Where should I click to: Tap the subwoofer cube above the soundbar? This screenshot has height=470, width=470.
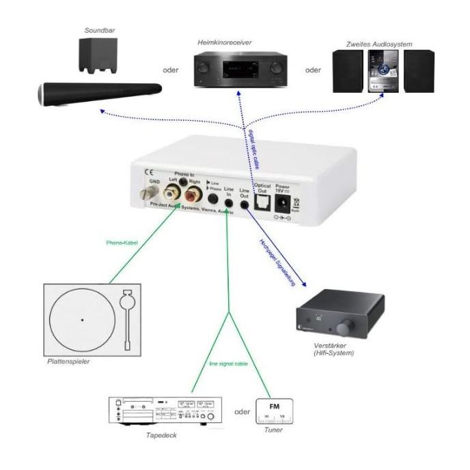[x=96, y=55]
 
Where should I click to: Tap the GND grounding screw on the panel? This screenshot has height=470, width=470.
[x=146, y=193]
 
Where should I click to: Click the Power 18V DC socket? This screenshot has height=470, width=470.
[x=281, y=203]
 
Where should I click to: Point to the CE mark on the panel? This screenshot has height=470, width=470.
[x=146, y=171]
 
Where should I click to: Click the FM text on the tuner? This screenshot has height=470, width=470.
[x=274, y=407]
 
